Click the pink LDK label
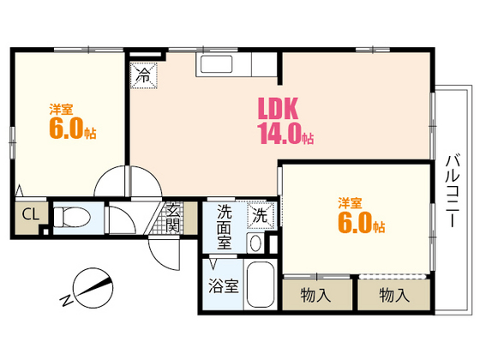278,109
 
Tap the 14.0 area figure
280,134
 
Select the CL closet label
31,214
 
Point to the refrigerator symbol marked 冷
144,75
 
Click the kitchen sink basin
216,64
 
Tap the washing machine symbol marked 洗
261,215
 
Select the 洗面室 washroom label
225,227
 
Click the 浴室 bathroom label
224,286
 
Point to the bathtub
261,285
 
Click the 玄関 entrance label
173,218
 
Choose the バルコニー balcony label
453,191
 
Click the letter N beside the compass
66,300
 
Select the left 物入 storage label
316,295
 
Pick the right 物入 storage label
394,295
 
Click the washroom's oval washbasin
256,243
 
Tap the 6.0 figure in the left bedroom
66,128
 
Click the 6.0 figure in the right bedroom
355,222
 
